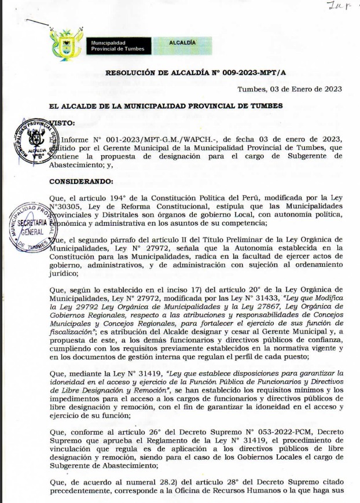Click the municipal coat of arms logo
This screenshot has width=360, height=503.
click(67, 43)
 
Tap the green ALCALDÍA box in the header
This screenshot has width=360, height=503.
click(182, 43)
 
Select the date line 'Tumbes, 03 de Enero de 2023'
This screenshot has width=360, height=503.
click(290, 89)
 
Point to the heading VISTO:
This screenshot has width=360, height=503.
click(63, 123)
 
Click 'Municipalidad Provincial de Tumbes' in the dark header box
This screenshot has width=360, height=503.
click(116, 46)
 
